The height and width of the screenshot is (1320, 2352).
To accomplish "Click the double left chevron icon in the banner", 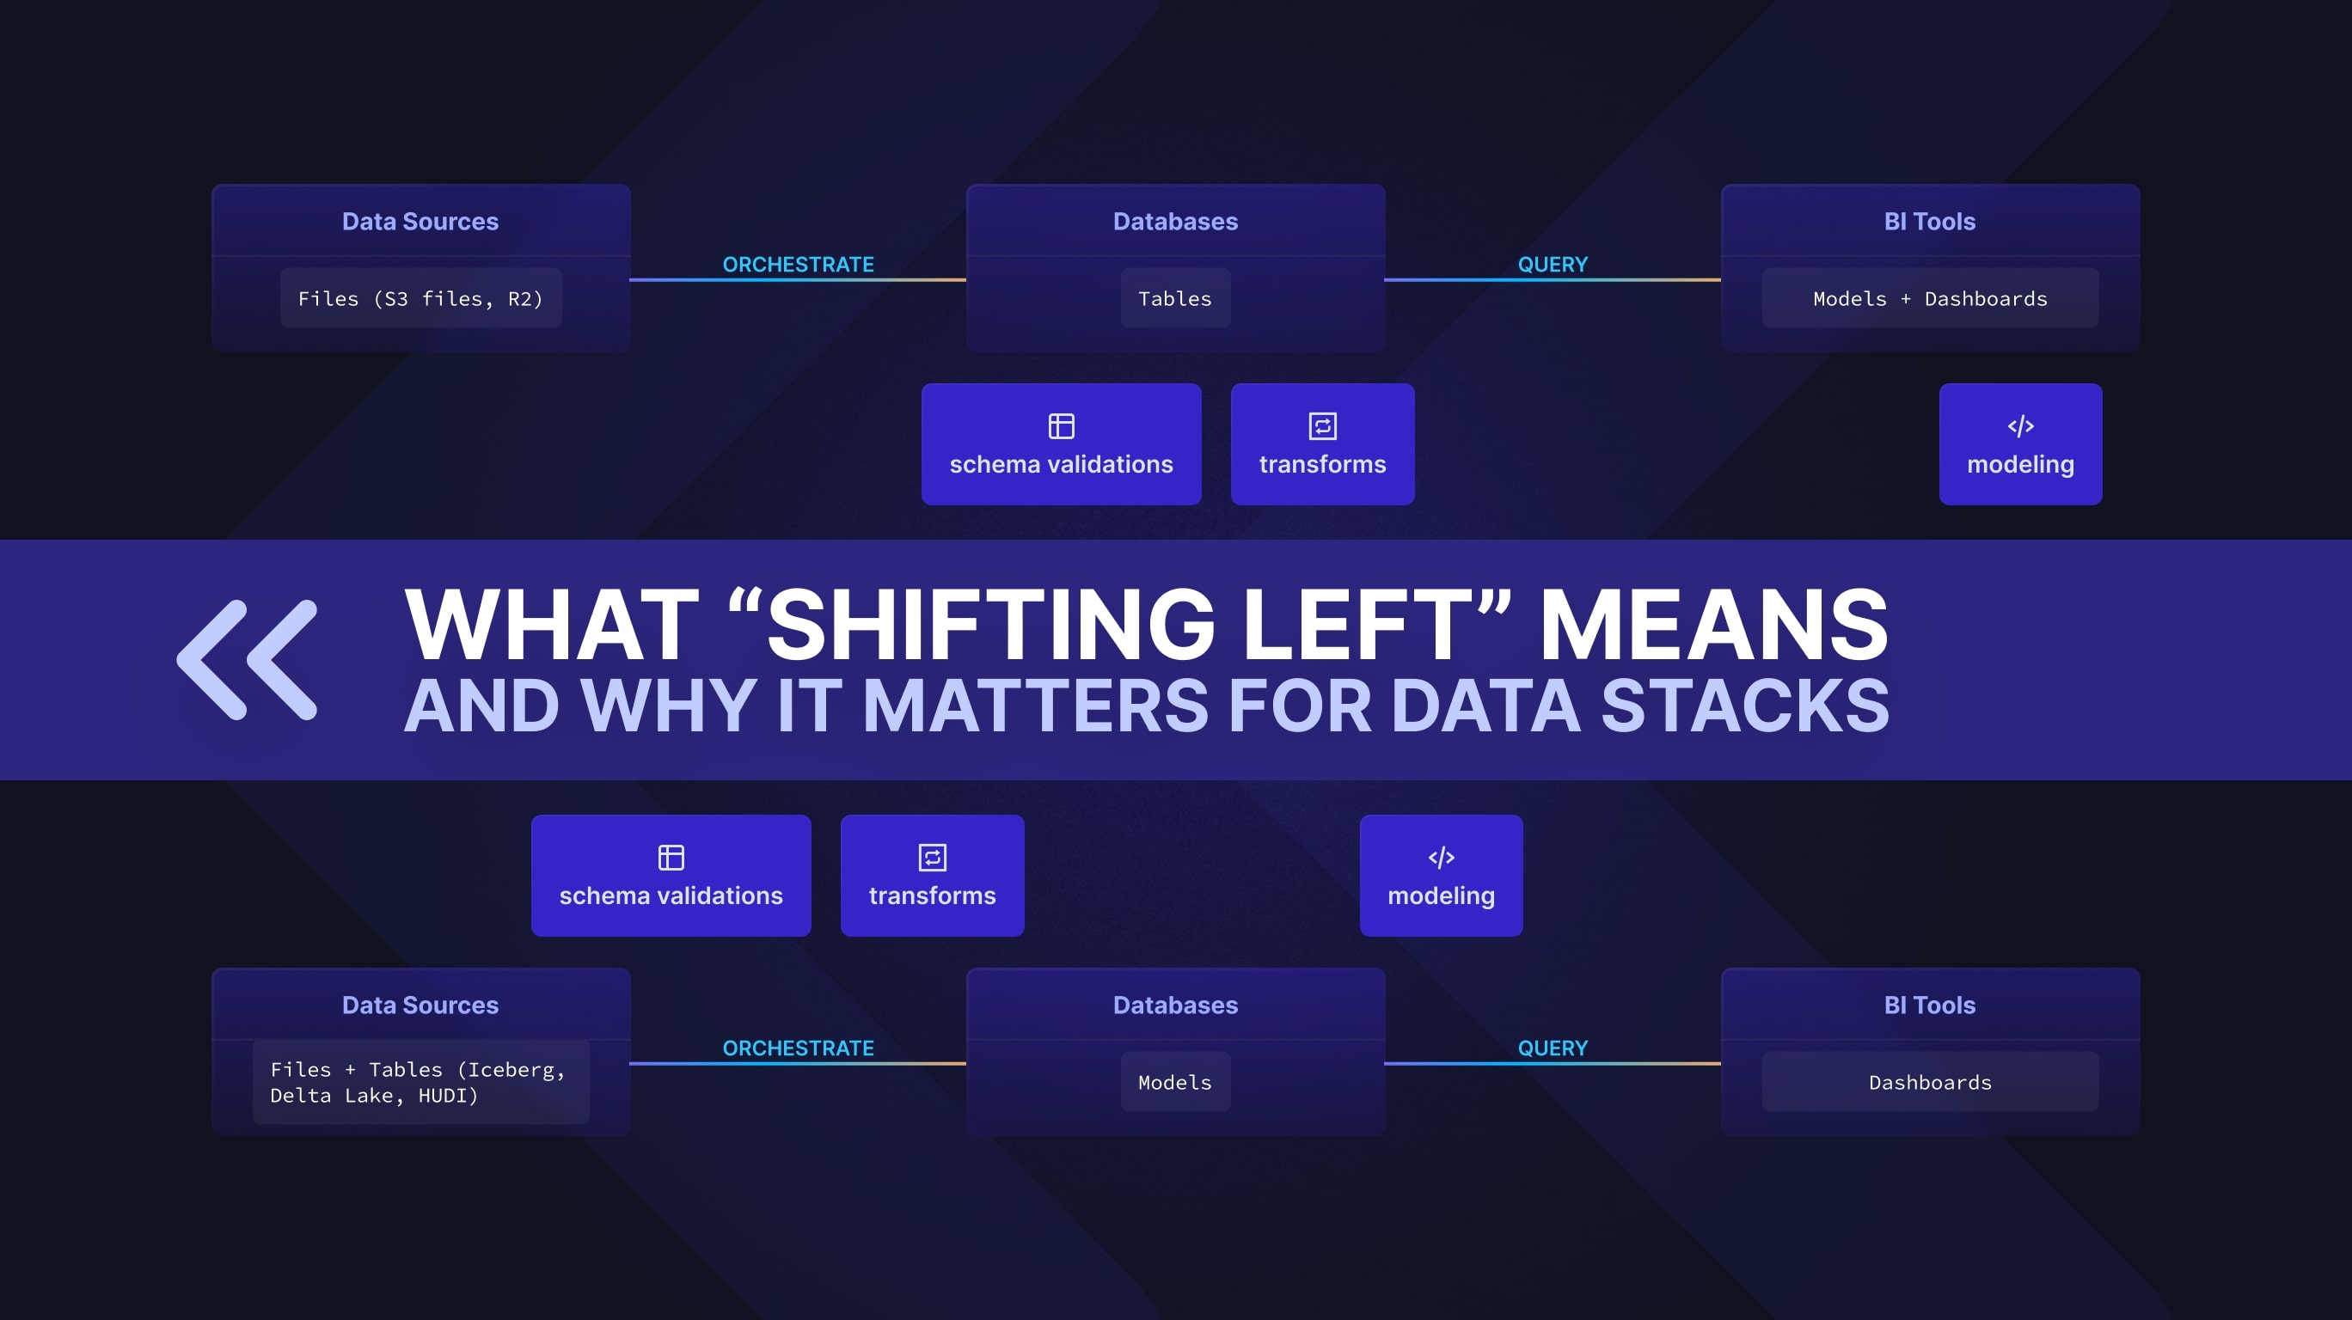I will click(x=247, y=659).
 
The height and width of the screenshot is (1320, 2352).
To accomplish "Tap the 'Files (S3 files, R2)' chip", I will click(x=421, y=298).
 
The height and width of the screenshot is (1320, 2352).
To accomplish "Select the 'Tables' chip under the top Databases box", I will click(x=1175, y=298).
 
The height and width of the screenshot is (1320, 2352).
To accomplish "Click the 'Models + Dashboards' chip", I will click(x=1929, y=298).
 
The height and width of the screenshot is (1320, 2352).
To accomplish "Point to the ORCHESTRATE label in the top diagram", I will click(x=798, y=265).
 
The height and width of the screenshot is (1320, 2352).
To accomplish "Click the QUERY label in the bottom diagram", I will click(x=1553, y=1048).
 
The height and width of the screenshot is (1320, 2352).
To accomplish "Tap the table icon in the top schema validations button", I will click(x=1061, y=426).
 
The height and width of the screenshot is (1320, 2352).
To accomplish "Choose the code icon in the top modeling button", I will click(x=2019, y=426).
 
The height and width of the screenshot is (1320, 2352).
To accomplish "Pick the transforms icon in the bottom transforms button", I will click(x=932, y=857).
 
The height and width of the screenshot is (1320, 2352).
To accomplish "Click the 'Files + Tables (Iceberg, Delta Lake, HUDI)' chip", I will click(x=421, y=1082).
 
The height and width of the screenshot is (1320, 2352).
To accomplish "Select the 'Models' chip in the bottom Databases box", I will click(x=1175, y=1083).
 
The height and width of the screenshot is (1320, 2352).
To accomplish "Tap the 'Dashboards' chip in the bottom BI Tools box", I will click(x=1929, y=1083).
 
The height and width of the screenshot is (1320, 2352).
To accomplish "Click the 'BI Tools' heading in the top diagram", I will click(x=1929, y=222).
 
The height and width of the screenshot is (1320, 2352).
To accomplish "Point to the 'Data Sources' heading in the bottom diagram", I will click(x=420, y=1005).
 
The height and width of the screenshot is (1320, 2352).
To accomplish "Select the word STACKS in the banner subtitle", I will click(x=1745, y=706).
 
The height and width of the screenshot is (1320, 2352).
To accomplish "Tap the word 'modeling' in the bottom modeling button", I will click(x=1441, y=895).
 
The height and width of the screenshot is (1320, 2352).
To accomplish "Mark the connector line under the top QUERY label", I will click(x=1553, y=279).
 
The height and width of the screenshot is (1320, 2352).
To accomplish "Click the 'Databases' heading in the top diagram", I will click(x=1175, y=222).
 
